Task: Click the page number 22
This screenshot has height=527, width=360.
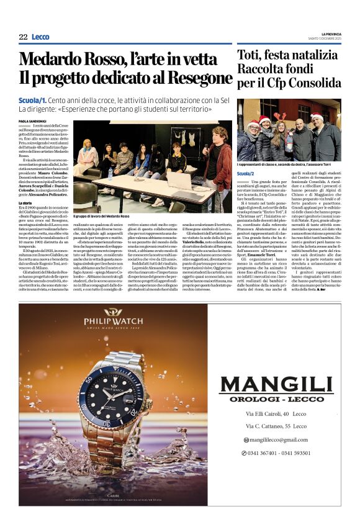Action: (23, 37)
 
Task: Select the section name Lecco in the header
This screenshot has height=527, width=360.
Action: (40, 37)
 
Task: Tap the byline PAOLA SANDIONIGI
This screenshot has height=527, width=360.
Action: (32, 121)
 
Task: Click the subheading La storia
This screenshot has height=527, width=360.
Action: (25, 203)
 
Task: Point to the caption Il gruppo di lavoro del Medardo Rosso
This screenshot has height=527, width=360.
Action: (101, 216)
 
